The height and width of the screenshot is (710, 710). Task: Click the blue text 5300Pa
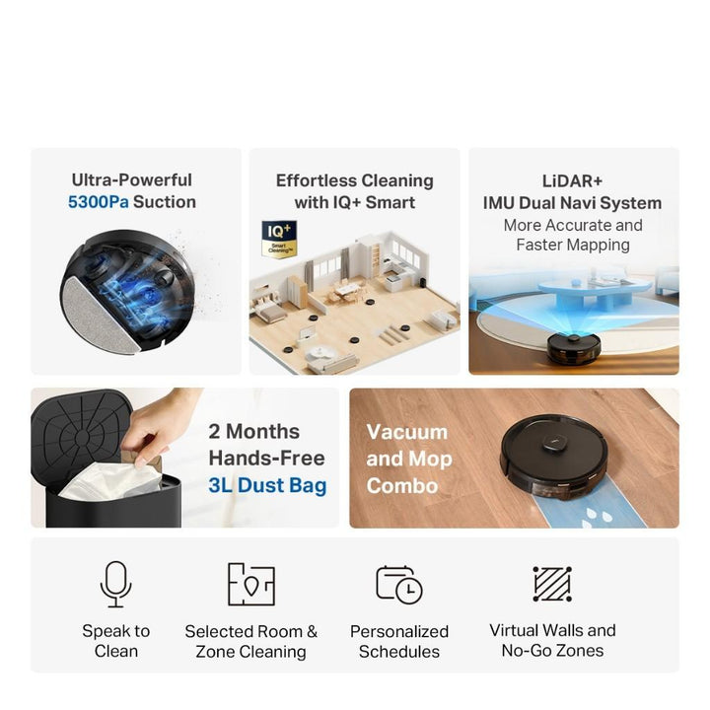pyautogui.click(x=99, y=202)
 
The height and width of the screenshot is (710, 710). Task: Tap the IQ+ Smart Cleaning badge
pyautogui.click(x=279, y=239)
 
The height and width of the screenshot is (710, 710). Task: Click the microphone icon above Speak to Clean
pyautogui.click(x=116, y=584)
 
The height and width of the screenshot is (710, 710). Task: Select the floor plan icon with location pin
pyautogui.click(x=251, y=584)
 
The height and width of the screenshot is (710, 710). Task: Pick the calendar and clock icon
pyautogui.click(x=399, y=585)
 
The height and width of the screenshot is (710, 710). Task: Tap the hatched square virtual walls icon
pyautogui.click(x=552, y=584)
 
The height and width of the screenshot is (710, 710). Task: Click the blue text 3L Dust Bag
pyautogui.click(x=267, y=485)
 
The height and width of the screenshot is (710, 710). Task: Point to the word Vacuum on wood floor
pyautogui.click(x=407, y=432)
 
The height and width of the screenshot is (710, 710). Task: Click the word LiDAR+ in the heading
pyautogui.click(x=572, y=181)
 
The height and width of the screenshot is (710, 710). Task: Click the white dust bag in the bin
pyautogui.click(x=110, y=481)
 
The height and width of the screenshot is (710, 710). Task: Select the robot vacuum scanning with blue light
pyautogui.click(x=574, y=349)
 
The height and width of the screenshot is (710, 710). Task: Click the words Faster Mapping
pyautogui.click(x=573, y=245)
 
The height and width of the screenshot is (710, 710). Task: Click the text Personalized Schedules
pyautogui.click(x=399, y=641)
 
